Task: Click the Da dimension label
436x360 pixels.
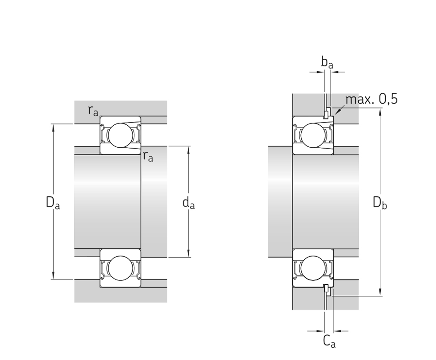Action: tap(53, 203)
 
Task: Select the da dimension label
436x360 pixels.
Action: tap(188, 203)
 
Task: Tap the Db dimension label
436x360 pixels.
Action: tap(380, 203)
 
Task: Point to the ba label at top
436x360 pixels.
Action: tap(327, 63)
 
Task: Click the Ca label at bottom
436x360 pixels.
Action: tap(329, 341)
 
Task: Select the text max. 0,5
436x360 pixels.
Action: tap(371, 99)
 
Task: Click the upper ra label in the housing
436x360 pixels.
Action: tap(93, 110)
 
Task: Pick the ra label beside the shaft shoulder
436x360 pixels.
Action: tap(148, 156)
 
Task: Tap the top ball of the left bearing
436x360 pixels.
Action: tap(120, 135)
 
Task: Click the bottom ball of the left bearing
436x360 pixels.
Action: tap(120, 268)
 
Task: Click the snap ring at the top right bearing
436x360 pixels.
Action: tap(326, 115)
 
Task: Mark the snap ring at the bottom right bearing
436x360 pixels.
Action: tap(326, 288)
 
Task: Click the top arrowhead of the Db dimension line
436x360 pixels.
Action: tap(380, 111)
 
